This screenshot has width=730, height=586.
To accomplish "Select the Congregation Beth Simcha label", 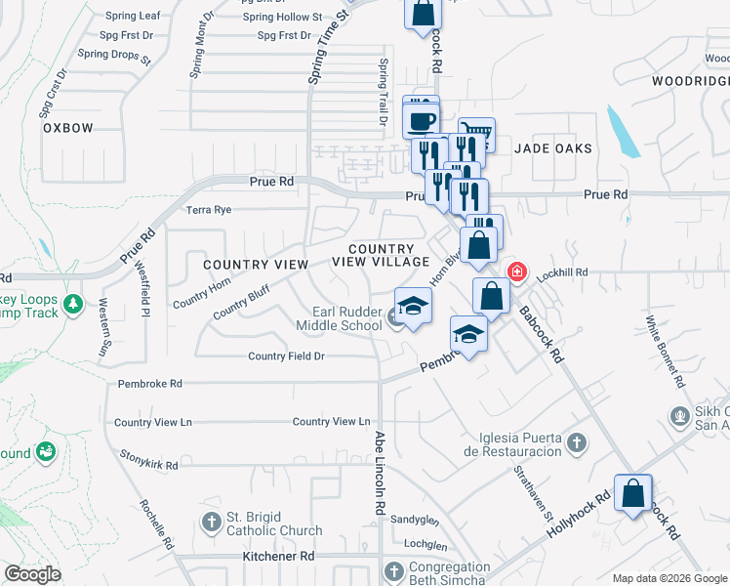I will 449,573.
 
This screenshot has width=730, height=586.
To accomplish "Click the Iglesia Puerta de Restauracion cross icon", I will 577,443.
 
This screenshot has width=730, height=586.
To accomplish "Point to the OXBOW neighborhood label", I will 67,128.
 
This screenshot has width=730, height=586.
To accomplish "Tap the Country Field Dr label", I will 286,356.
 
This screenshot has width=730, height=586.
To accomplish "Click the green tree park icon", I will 72,305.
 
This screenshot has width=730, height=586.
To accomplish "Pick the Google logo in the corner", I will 32,574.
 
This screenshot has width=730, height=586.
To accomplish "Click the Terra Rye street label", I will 209,209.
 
